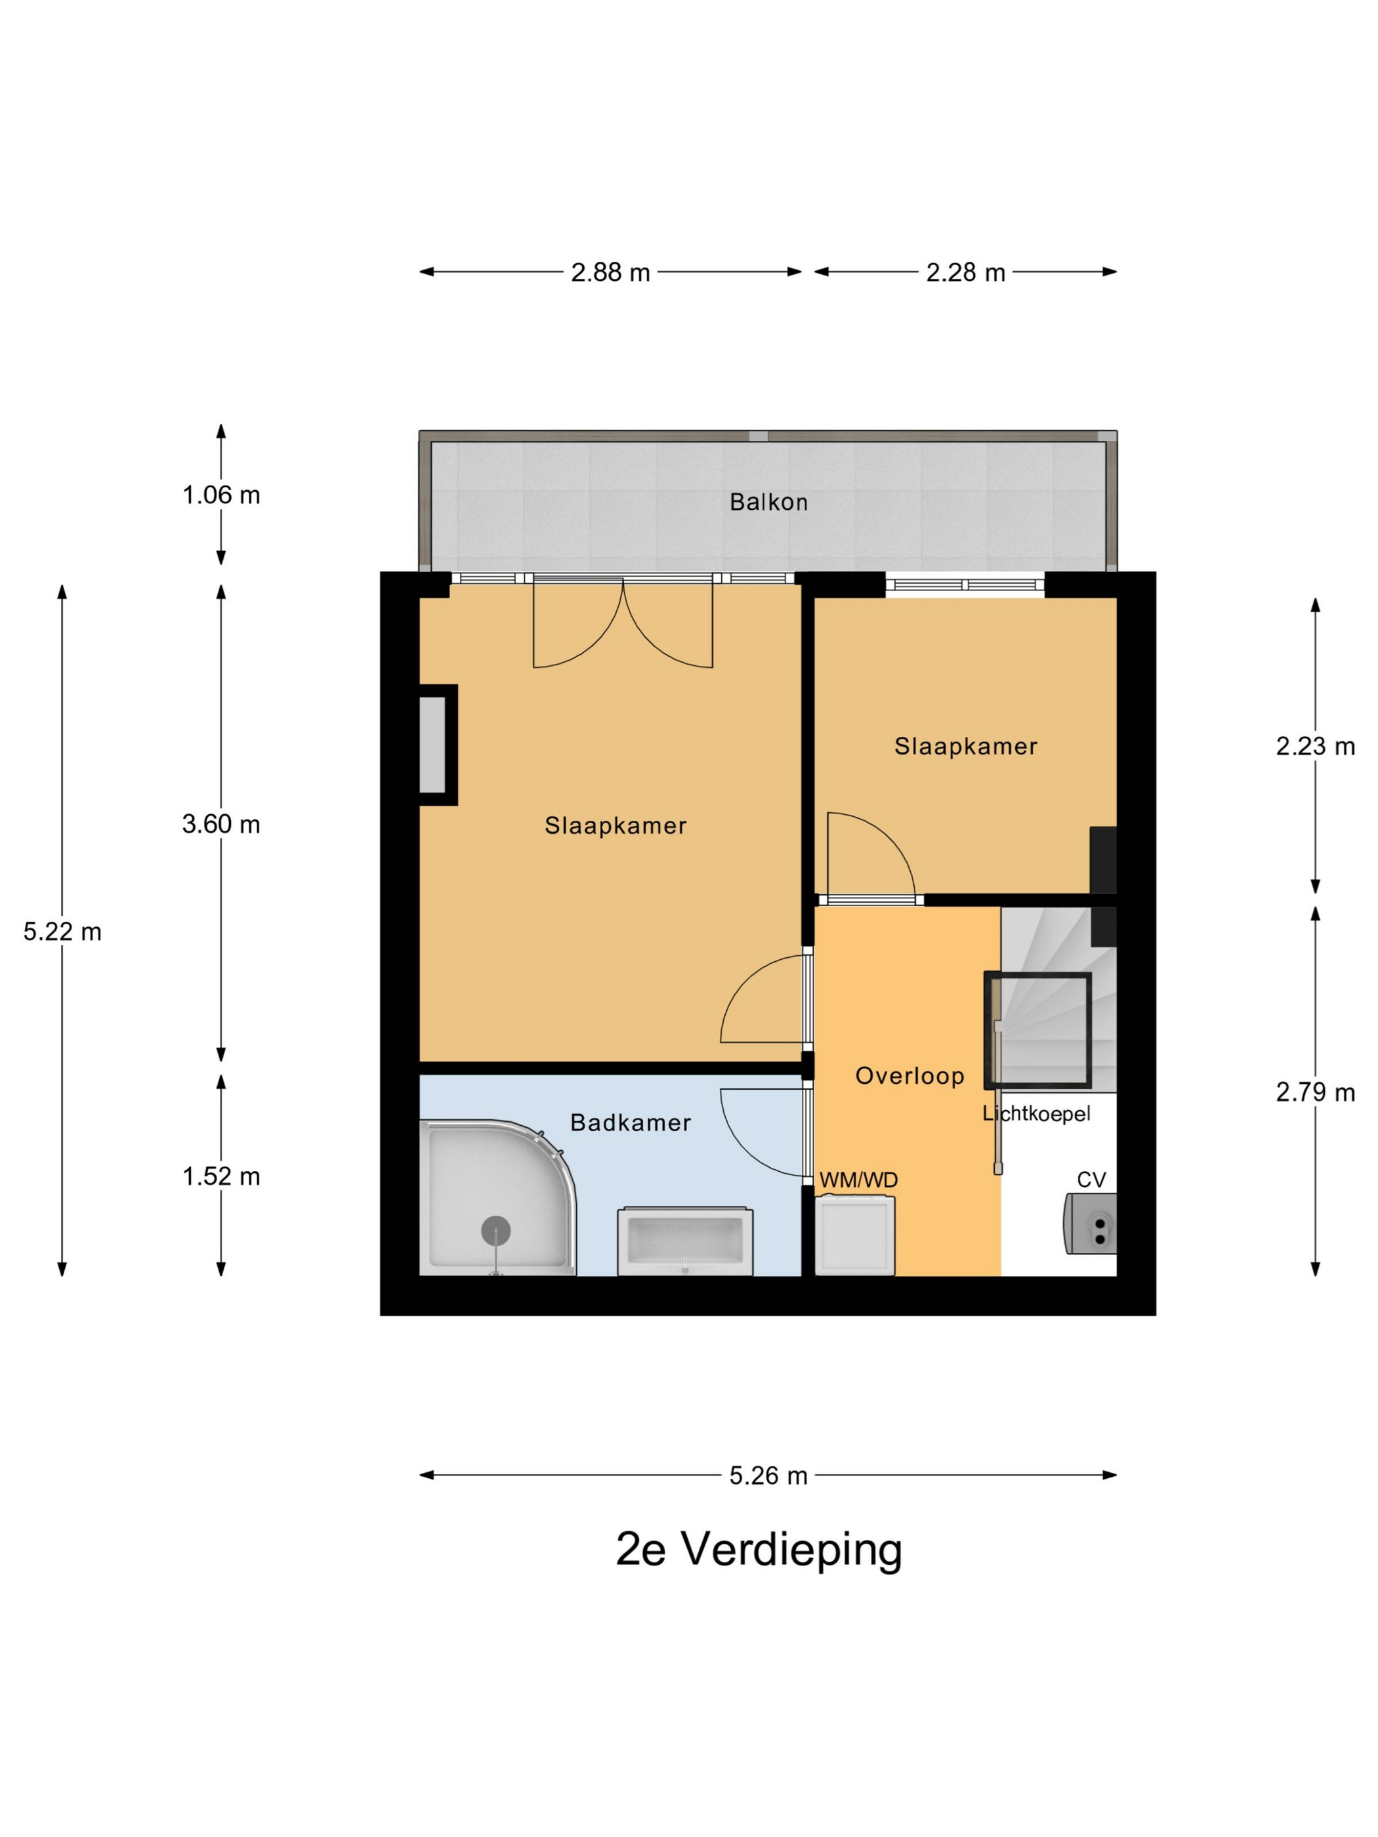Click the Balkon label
pyautogui.click(x=768, y=502)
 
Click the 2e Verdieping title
pyautogui.click(x=759, y=1549)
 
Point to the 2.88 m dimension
pyautogui.click(x=610, y=272)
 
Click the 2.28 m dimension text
pyautogui.click(x=965, y=272)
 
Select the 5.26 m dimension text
pyautogui.click(x=768, y=1475)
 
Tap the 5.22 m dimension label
pyautogui.click(x=62, y=932)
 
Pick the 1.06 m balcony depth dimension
pyautogui.click(x=221, y=495)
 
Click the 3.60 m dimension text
pyautogui.click(x=221, y=824)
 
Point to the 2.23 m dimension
pyautogui.click(x=1315, y=747)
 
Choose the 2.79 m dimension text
pyautogui.click(x=1315, y=1092)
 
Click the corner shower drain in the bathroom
pyautogui.click(x=496, y=1231)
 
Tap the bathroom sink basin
pyautogui.click(x=684, y=1241)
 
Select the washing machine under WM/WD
pyautogui.click(x=856, y=1235)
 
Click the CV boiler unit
pyautogui.click(x=1090, y=1224)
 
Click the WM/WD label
pyautogui.click(x=858, y=1180)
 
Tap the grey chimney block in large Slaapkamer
pyautogui.click(x=432, y=745)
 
